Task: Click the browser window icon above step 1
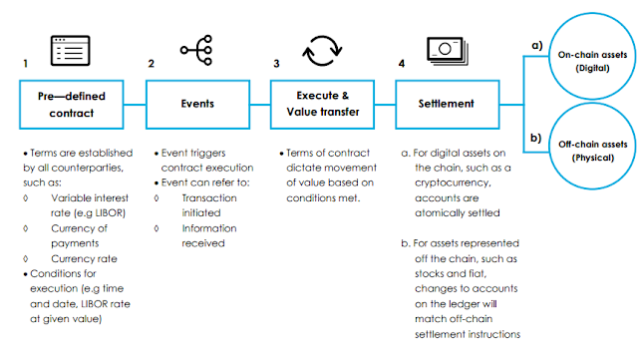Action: click(71, 51)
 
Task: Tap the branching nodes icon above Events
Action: click(196, 50)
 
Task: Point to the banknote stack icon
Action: click(448, 50)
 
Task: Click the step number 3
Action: click(276, 64)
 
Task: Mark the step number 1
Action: click(25, 64)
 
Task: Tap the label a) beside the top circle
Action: click(537, 45)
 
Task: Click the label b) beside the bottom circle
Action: click(536, 138)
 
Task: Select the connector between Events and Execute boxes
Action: click(260, 105)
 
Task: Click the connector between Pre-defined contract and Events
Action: click(135, 105)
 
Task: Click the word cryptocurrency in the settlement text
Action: click(453, 182)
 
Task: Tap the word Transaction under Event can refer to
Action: click(209, 197)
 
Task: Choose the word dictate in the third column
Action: click(300, 168)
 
